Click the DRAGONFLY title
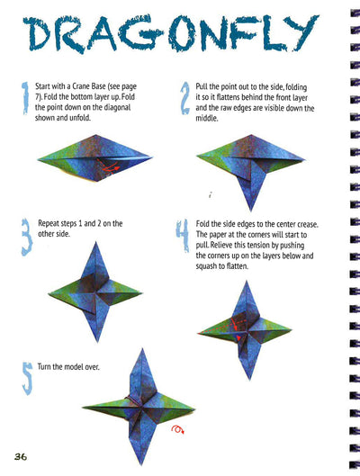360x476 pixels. tap(170, 34)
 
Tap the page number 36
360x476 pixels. tap(21, 456)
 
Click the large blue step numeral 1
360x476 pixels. tap(25, 98)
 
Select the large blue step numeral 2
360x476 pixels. tap(184, 98)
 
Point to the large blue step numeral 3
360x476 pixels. tap(27, 237)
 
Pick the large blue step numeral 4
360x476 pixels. tap(183, 236)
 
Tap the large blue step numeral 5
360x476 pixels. tap(28, 378)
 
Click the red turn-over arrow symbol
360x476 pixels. tap(178, 429)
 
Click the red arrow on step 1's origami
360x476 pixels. tap(109, 166)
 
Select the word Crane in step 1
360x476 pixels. tap(81, 86)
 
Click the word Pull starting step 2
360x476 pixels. tap(201, 86)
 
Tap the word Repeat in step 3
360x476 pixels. tap(49, 224)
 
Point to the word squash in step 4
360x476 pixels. tap(206, 266)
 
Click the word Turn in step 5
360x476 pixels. tap(44, 367)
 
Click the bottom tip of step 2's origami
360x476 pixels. tap(251, 211)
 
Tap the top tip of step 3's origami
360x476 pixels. tap(96, 242)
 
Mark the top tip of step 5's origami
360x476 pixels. tap(142, 349)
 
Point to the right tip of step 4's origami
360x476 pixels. tap(292, 329)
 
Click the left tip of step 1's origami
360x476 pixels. tap(38, 158)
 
